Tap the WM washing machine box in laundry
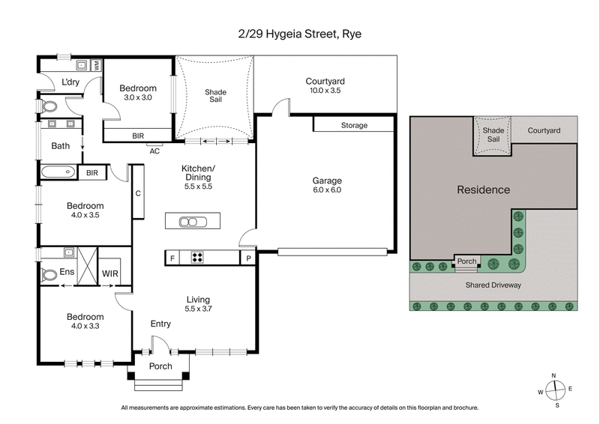click(x=97, y=65)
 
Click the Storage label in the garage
click(x=354, y=125)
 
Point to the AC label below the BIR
click(x=155, y=150)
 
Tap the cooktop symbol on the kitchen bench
click(x=197, y=258)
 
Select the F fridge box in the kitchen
click(x=172, y=258)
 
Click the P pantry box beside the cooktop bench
click(x=247, y=258)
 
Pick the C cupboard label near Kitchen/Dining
click(x=138, y=193)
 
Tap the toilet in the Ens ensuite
click(x=49, y=275)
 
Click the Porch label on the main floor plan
click(x=160, y=366)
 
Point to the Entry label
click(x=160, y=324)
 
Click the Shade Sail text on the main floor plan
click(x=215, y=97)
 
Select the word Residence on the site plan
click(x=483, y=190)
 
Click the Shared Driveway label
click(x=493, y=285)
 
